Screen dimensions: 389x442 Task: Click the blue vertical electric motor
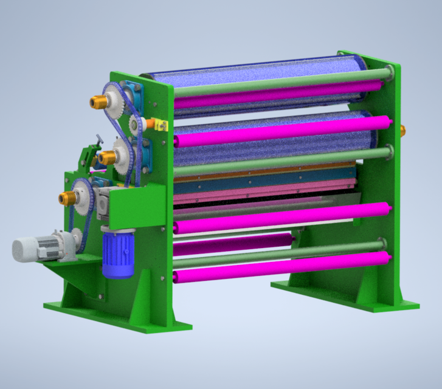click(x=118, y=253)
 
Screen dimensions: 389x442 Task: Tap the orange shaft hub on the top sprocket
click(x=97, y=103)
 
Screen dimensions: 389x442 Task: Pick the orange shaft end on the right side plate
click(x=402, y=129)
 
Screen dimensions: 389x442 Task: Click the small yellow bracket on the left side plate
click(x=161, y=125)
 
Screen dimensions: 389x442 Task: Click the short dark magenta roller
click(x=231, y=245)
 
